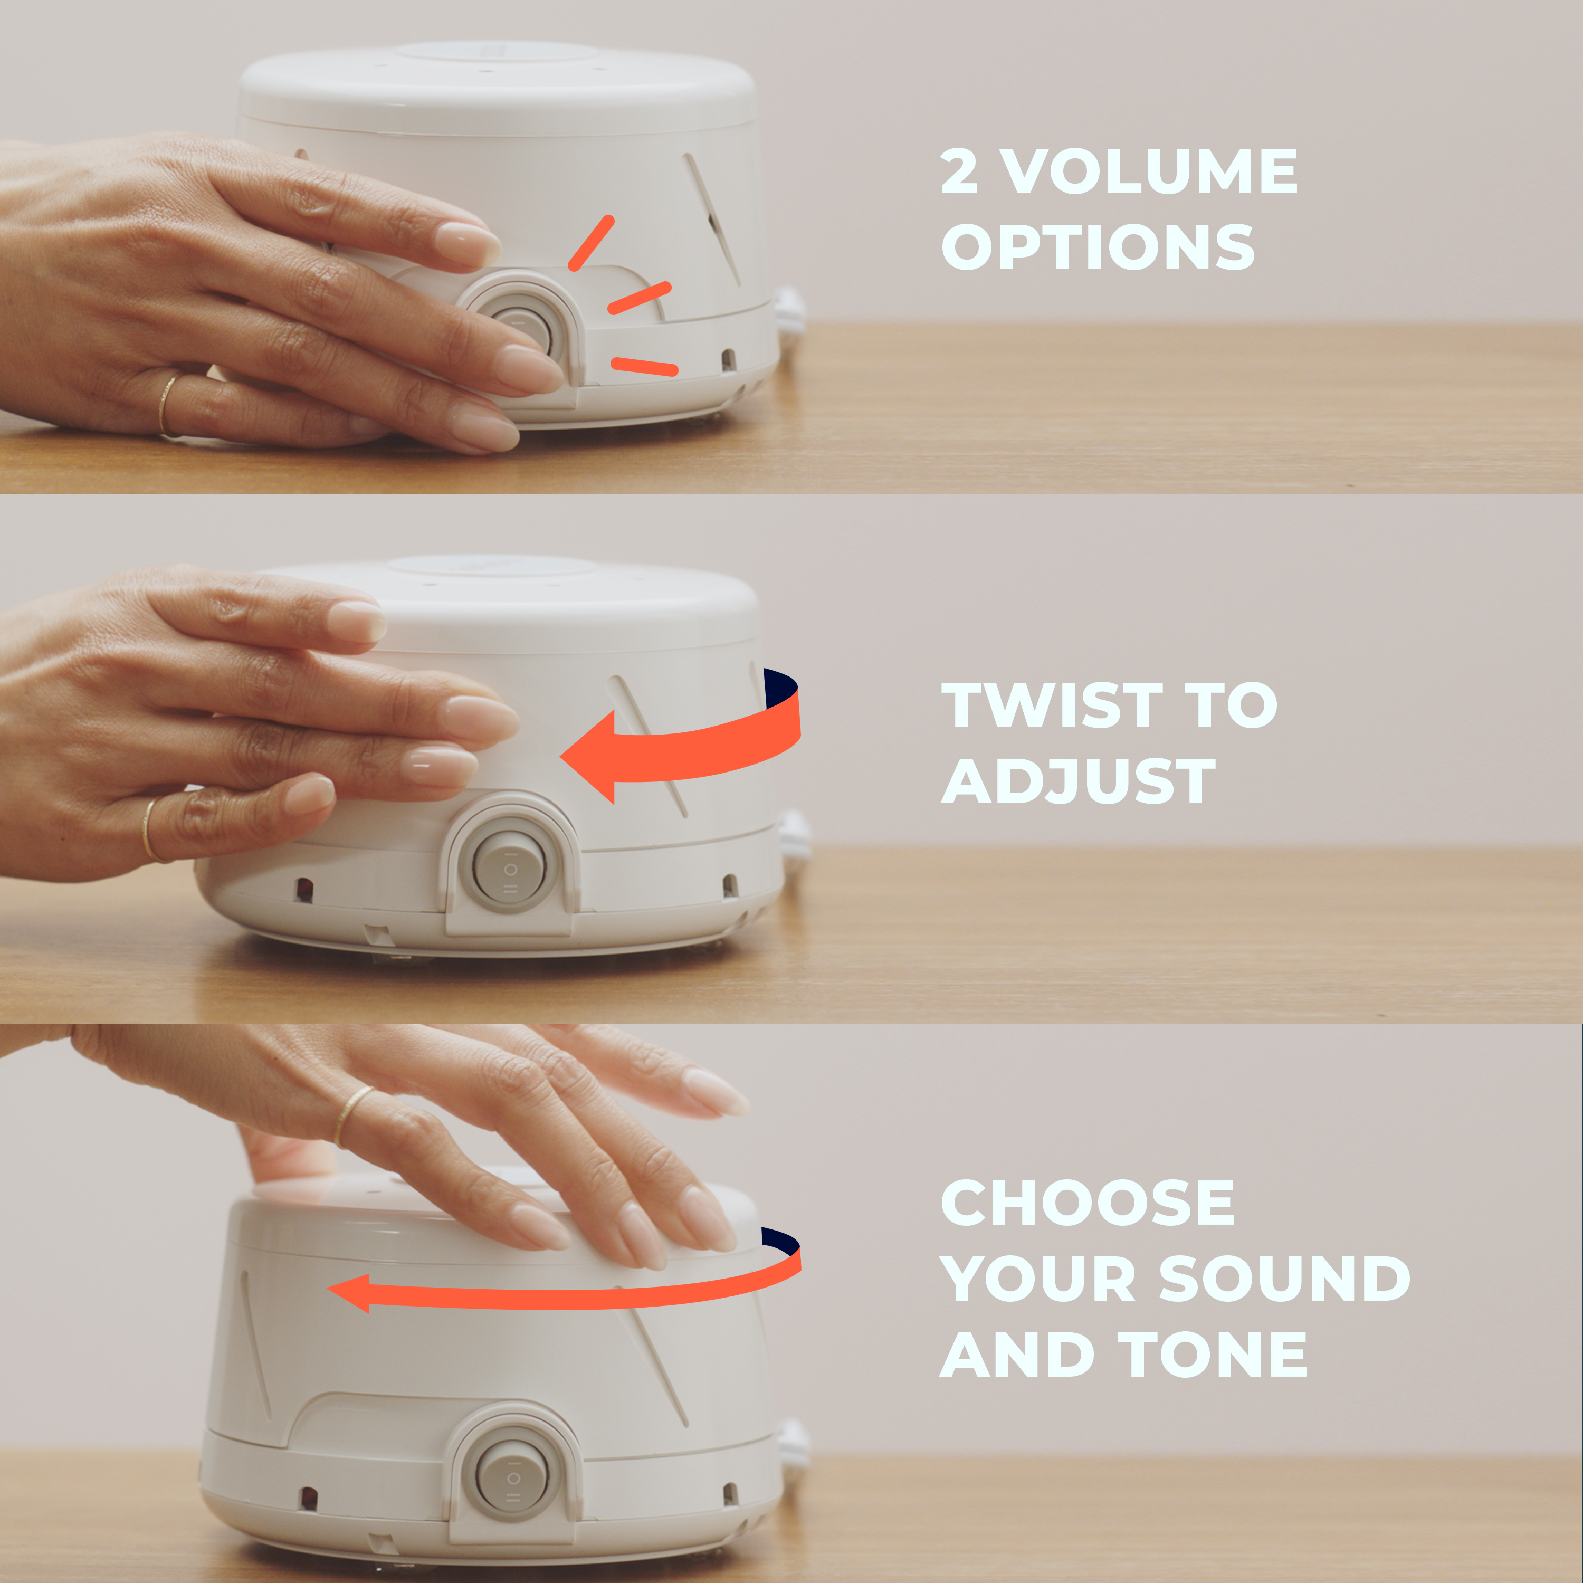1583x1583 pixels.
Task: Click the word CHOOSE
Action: (1088, 1203)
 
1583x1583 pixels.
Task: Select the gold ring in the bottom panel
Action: (353, 1114)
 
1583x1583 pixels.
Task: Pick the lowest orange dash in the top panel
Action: (645, 366)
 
